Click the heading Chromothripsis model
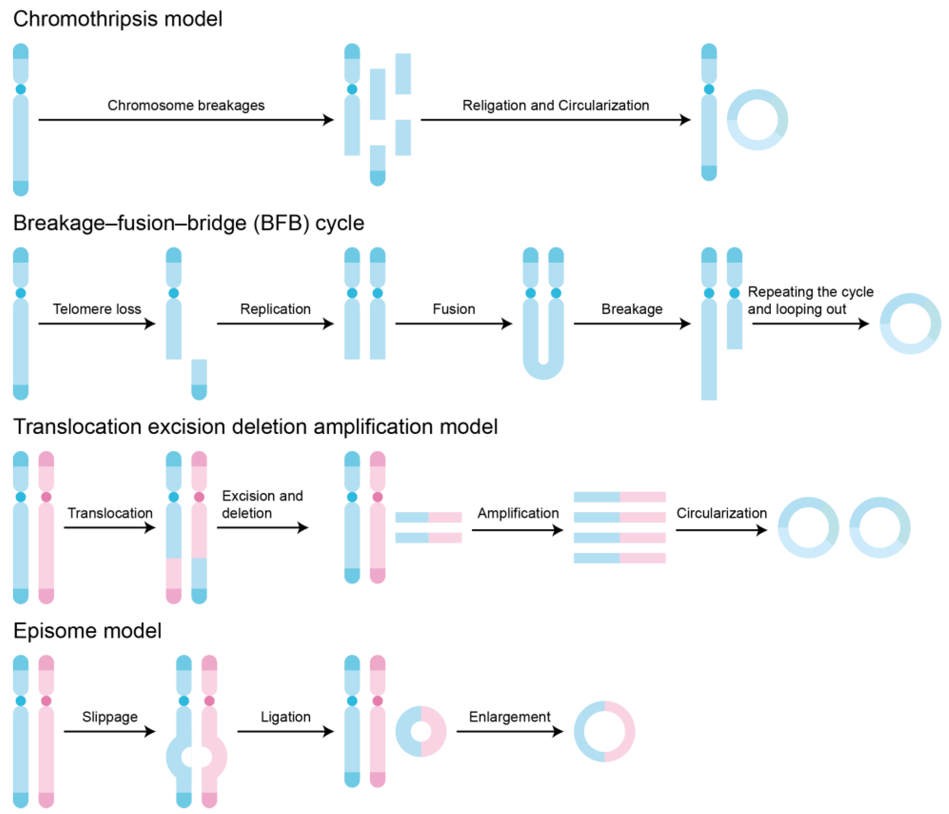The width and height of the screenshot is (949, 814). click(x=118, y=19)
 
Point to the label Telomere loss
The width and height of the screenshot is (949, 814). click(x=97, y=309)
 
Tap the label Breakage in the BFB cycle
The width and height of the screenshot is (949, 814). click(x=632, y=309)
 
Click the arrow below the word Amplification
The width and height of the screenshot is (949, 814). click(x=517, y=530)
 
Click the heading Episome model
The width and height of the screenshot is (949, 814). click(x=87, y=631)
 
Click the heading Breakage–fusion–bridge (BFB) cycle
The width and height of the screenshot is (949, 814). click(x=188, y=223)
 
